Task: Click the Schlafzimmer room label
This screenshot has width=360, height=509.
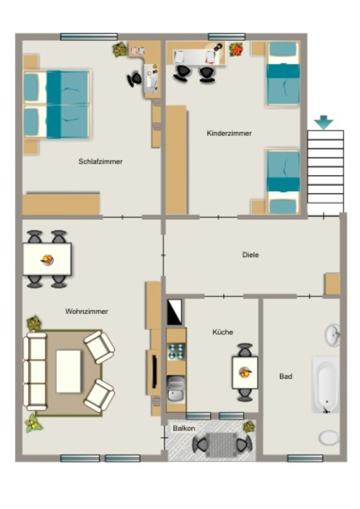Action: click(x=100, y=162)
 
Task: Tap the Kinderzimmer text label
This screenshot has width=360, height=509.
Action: click(x=229, y=133)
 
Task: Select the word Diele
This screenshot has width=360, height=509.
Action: click(x=251, y=254)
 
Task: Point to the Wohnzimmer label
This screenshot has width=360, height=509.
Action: click(x=87, y=311)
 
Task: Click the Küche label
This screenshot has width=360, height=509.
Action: click(x=223, y=332)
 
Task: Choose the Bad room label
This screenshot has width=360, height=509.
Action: click(x=285, y=376)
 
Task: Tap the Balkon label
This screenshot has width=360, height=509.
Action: click(x=184, y=428)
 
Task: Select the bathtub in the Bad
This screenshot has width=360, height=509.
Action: click(x=326, y=385)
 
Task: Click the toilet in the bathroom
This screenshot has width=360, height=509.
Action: click(x=329, y=437)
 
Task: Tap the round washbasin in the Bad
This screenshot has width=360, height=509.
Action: click(x=332, y=335)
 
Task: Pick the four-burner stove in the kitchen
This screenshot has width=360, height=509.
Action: click(x=176, y=352)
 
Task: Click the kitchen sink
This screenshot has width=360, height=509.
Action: click(x=176, y=388)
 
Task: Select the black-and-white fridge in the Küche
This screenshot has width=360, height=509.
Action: click(x=175, y=312)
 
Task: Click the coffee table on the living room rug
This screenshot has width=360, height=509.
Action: click(x=69, y=371)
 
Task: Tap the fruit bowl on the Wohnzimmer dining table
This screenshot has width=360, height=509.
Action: click(x=47, y=259)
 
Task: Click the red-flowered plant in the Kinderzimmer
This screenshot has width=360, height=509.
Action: click(x=236, y=49)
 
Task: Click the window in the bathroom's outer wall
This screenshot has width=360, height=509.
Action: click(x=305, y=458)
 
